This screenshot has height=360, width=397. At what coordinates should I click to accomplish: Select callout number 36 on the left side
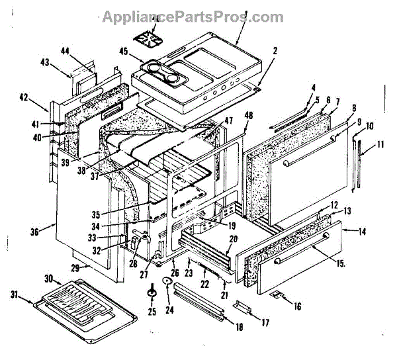[34, 231]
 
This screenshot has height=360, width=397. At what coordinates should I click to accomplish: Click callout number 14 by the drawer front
[363, 232]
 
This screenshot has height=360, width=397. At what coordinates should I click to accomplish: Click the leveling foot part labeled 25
[152, 291]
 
